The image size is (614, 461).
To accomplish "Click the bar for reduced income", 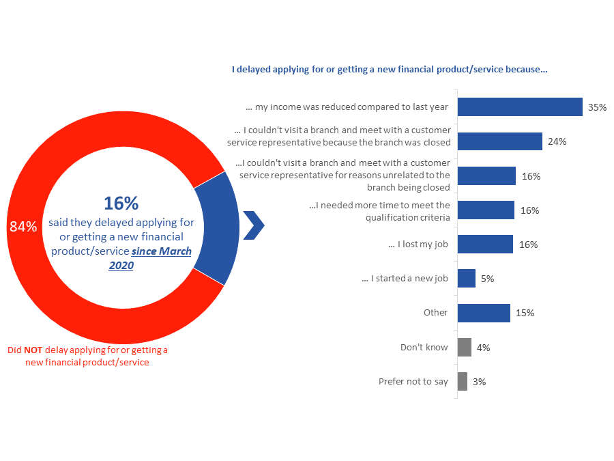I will (x=519, y=107).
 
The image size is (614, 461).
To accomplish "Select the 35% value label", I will (x=597, y=107).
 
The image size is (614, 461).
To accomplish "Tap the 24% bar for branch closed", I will (x=499, y=141).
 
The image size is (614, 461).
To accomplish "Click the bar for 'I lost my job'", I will (x=485, y=245).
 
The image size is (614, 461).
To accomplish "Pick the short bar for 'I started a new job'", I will (x=467, y=279).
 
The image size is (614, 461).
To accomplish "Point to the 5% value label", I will (x=487, y=279).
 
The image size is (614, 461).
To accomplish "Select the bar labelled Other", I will (x=484, y=313).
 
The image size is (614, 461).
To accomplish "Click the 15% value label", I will (x=525, y=313).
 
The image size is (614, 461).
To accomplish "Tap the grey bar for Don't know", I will (x=465, y=348).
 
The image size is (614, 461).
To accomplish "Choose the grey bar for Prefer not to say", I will (x=463, y=382).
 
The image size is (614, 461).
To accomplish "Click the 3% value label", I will (x=479, y=382).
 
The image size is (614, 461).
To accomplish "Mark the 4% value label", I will (x=483, y=348).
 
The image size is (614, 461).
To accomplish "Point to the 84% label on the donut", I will (x=23, y=227).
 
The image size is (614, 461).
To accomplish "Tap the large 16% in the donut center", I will (x=121, y=203).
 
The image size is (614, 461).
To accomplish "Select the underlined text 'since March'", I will (x=162, y=251).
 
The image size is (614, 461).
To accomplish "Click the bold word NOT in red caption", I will (x=33, y=350).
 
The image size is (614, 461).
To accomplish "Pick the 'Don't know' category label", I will (x=424, y=348).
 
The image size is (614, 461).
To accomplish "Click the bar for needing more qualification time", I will (x=486, y=210).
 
